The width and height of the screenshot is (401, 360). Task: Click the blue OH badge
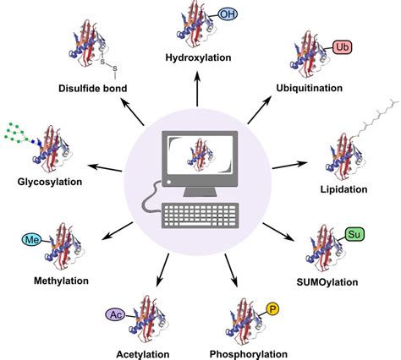(x=227, y=14)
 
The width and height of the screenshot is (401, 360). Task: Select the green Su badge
(x=355, y=232)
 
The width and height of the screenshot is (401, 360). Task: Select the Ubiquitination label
(x=321, y=88)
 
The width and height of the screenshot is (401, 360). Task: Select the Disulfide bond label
(x=94, y=87)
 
